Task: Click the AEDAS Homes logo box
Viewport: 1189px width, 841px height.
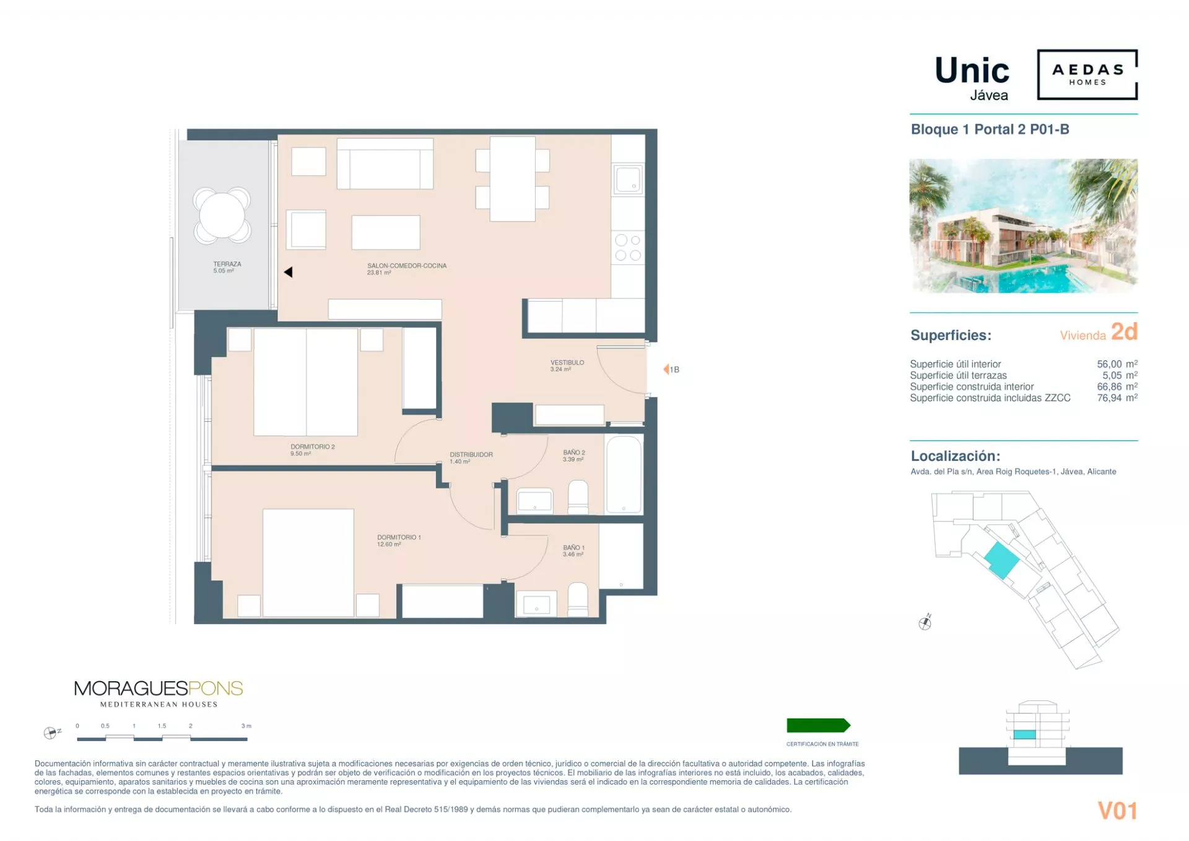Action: pos(1087,74)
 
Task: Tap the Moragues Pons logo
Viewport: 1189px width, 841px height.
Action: pos(159,694)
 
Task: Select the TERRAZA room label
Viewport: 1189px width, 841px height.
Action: pos(227,264)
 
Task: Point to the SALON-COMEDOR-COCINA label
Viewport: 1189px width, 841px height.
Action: pos(407,266)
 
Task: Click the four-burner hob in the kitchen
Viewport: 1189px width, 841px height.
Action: pos(628,248)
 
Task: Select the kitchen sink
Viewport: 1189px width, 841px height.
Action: pos(628,180)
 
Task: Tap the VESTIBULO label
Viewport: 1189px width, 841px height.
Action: pos(567,362)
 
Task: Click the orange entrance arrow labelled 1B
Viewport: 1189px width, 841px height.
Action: pos(666,369)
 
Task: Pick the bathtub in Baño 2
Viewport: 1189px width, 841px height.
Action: pos(624,474)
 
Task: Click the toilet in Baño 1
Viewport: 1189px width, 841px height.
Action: pos(578,599)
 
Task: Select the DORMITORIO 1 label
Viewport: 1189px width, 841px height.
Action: pos(399,537)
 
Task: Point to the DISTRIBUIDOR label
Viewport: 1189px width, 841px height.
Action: pos(471,455)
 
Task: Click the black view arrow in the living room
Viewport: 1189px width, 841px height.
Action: pos(288,272)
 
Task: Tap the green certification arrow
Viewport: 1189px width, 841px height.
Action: pos(818,725)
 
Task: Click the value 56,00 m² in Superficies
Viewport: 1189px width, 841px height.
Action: pos(1117,364)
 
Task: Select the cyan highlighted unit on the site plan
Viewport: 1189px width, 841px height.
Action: pos(1001,560)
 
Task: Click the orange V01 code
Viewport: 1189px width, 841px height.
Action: pos(1118,811)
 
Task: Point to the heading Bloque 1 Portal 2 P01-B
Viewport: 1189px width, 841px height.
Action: pos(990,129)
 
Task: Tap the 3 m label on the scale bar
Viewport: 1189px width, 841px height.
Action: pos(246,726)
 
